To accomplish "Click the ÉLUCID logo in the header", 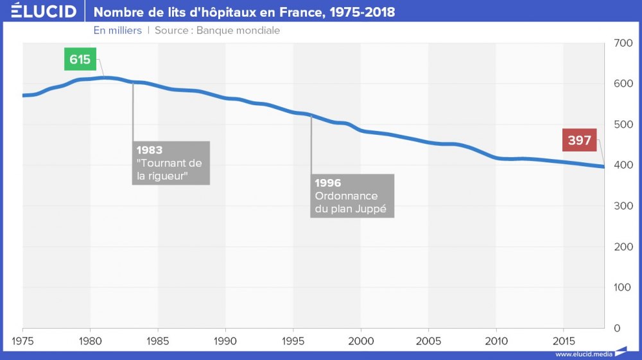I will point(44,12).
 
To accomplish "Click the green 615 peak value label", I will point(80,60).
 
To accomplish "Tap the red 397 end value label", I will point(579,140).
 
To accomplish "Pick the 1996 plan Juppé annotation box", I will point(352,195).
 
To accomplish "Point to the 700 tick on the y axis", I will point(623,44).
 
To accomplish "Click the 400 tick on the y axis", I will point(623,166).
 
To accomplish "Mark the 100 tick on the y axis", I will point(623,287).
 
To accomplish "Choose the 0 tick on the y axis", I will point(617,328).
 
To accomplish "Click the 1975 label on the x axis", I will point(23,340).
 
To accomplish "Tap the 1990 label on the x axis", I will point(225,340).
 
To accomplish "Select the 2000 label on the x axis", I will point(361,340).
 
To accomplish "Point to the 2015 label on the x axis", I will point(563,340).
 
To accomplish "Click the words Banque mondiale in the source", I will point(238,30).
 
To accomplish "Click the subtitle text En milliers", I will point(117,30).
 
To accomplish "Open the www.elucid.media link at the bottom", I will point(583,354).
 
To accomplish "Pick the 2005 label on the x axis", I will point(428,340).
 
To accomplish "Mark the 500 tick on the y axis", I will point(623,124).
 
